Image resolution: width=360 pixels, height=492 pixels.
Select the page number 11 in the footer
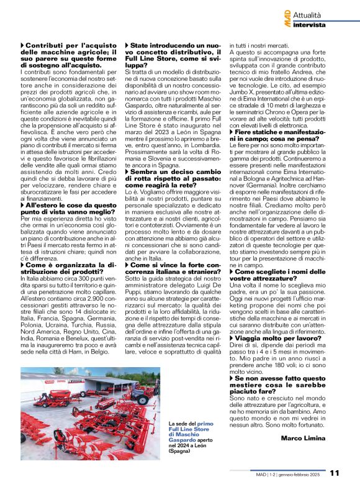tap(335, 473)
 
